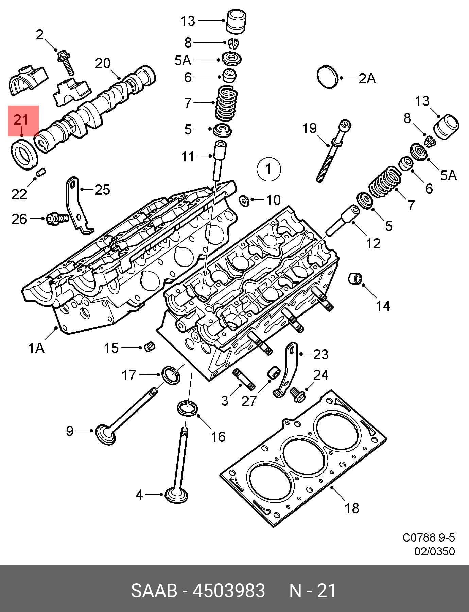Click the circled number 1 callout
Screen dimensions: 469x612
click(x=268, y=169)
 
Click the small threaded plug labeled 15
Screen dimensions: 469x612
click(x=150, y=347)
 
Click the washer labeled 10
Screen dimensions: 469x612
click(x=244, y=201)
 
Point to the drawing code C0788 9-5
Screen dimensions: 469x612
click(x=429, y=538)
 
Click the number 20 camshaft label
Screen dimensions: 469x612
click(x=103, y=63)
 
